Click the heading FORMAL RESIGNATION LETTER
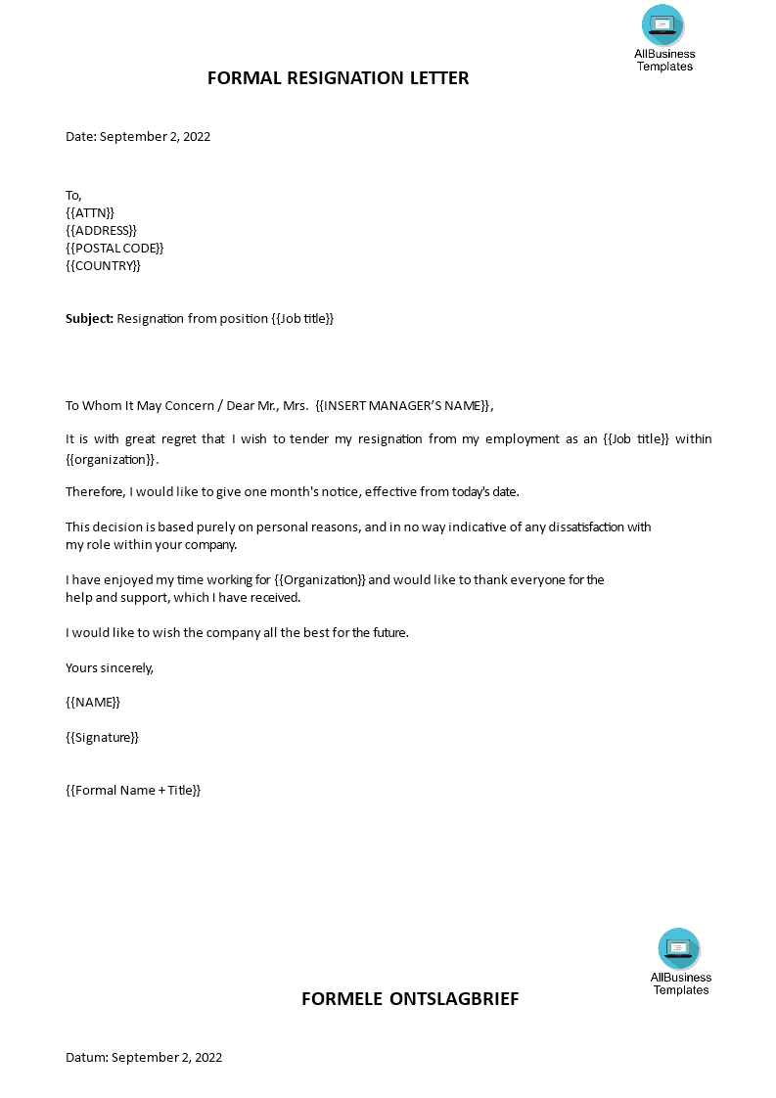pyautogui.click(x=338, y=78)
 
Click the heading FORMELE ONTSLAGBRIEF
pyautogui.click(x=409, y=999)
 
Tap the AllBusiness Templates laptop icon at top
pyautogui.click(x=663, y=24)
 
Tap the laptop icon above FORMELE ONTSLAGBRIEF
pyautogui.click(x=679, y=948)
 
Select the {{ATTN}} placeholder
pyautogui.click(x=90, y=212)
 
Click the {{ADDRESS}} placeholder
pyautogui.click(x=101, y=230)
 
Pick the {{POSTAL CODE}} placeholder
pyautogui.click(x=114, y=248)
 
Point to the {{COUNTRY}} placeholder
pyautogui.click(x=103, y=265)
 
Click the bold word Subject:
pyautogui.click(x=90, y=318)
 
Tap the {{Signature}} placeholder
pyautogui.click(x=102, y=737)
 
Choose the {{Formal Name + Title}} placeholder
pyautogui.click(x=133, y=790)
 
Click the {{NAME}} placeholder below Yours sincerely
pyautogui.click(x=93, y=702)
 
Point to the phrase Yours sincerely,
pyautogui.click(x=110, y=667)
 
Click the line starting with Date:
pyautogui.click(x=138, y=136)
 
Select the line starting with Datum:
pyautogui.click(x=144, y=1057)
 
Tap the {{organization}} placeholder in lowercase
pyautogui.click(x=111, y=459)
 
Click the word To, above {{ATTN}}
pyautogui.click(x=74, y=195)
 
